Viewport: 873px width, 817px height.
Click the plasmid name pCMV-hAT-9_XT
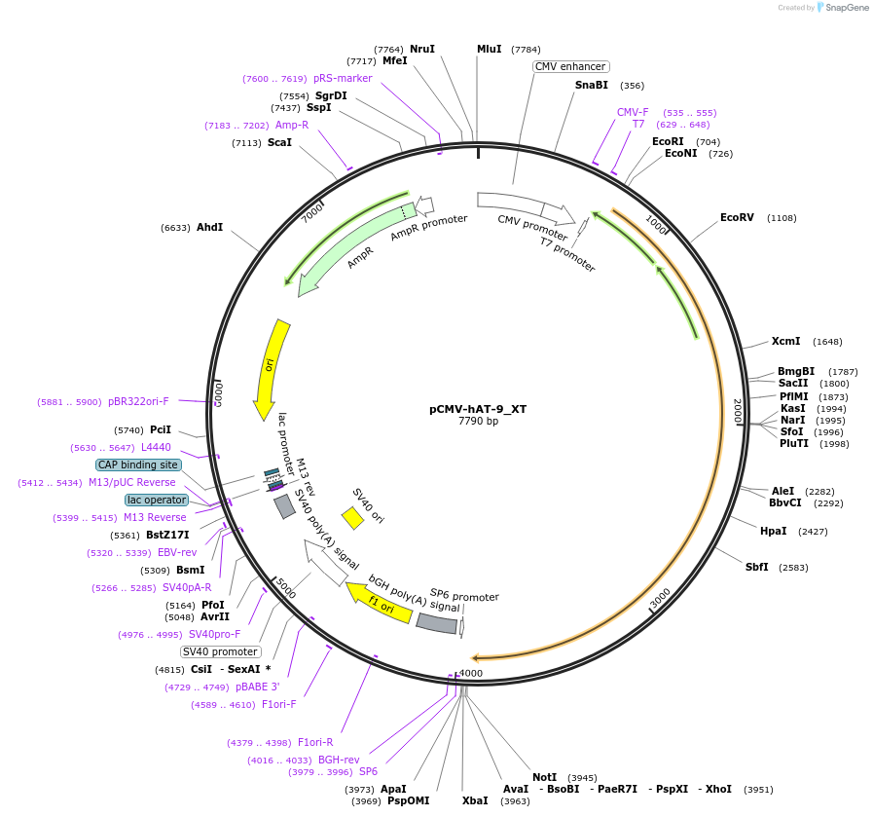(x=478, y=409)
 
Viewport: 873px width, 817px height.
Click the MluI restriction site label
(x=489, y=49)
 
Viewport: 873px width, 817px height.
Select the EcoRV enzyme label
(x=737, y=217)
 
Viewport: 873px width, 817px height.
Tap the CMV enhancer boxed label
(x=571, y=66)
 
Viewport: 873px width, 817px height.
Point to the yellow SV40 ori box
(x=352, y=518)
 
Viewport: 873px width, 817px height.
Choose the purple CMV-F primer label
(x=633, y=112)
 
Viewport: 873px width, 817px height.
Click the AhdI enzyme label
(x=209, y=227)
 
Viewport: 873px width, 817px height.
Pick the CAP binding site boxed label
(x=138, y=464)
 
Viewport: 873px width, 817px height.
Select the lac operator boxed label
(x=157, y=500)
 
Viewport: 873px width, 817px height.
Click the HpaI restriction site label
(x=773, y=531)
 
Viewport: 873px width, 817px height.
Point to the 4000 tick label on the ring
(x=471, y=674)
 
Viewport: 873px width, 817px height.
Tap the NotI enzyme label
(x=544, y=777)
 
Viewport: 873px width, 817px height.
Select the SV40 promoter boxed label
(x=221, y=651)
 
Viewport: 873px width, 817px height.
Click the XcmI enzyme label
(x=785, y=341)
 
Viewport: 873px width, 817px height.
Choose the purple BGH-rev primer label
(x=339, y=760)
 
